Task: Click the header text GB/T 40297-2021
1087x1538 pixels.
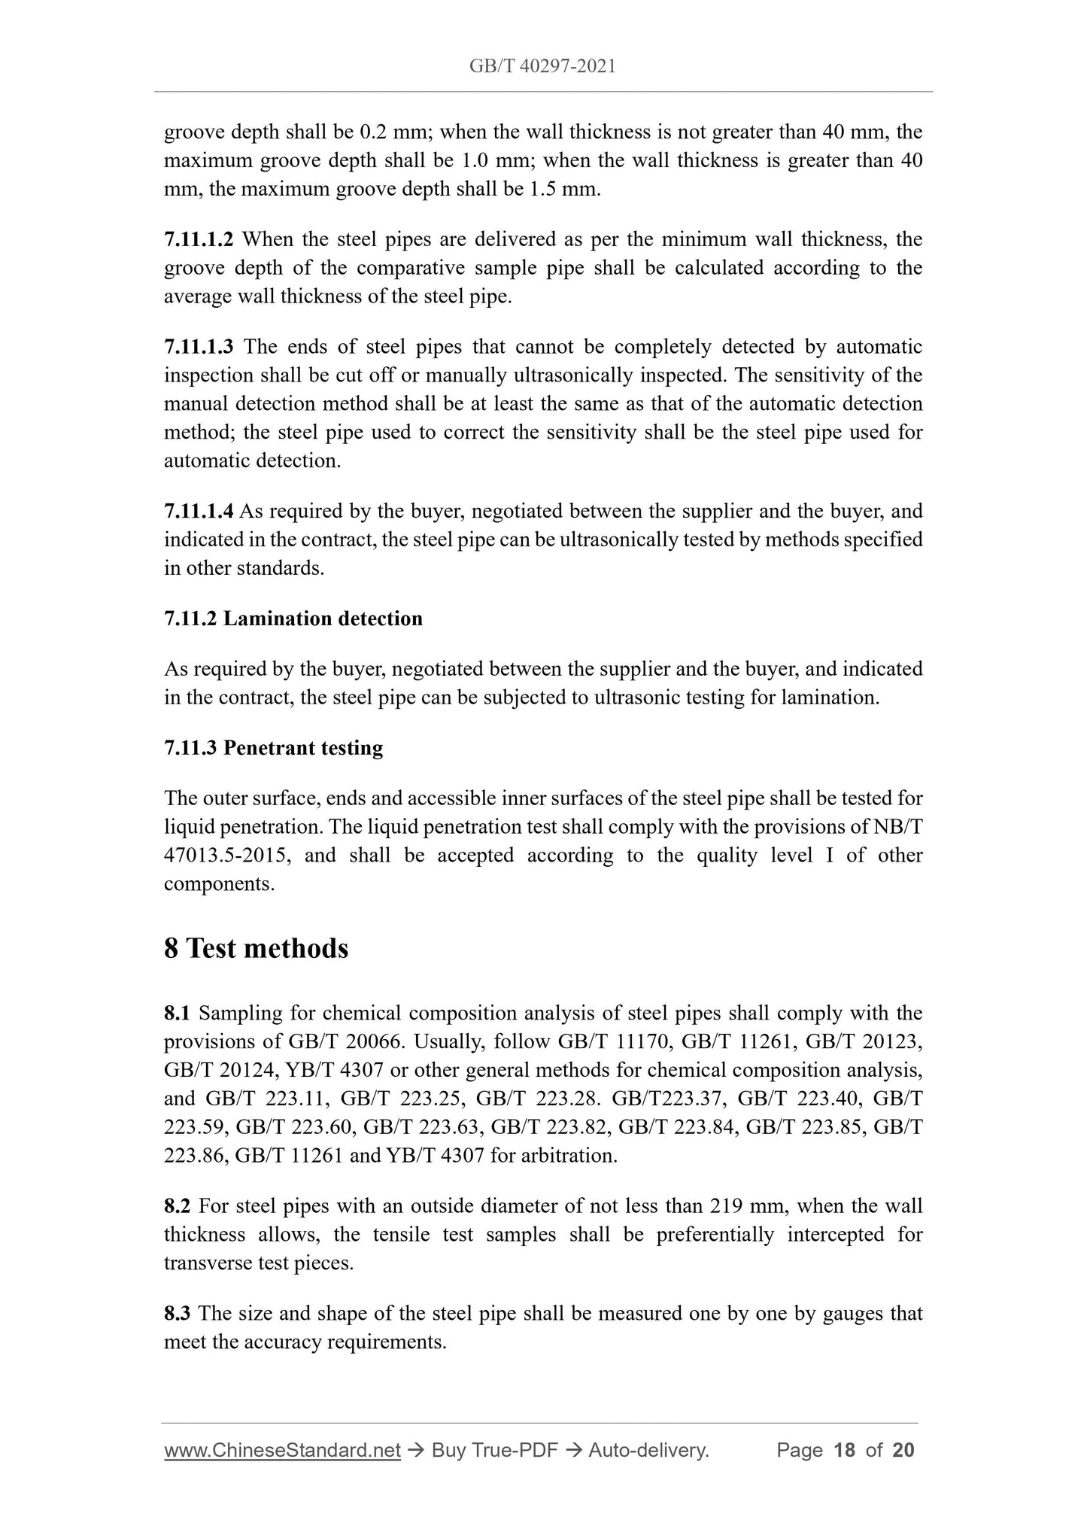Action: [542, 67]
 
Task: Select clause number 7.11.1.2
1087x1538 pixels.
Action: [199, 240]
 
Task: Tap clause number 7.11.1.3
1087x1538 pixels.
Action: [199, 347]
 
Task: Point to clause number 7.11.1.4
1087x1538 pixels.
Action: [199, 512]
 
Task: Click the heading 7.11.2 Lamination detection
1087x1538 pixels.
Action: [293, 619]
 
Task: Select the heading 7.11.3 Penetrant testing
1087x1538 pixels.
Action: [273, 748]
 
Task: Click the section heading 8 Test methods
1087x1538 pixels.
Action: [256, 948]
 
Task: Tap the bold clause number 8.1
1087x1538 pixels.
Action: [177, 1014]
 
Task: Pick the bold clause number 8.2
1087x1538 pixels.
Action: [177, 1206]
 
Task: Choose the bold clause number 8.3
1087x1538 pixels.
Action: [177, 1314]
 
